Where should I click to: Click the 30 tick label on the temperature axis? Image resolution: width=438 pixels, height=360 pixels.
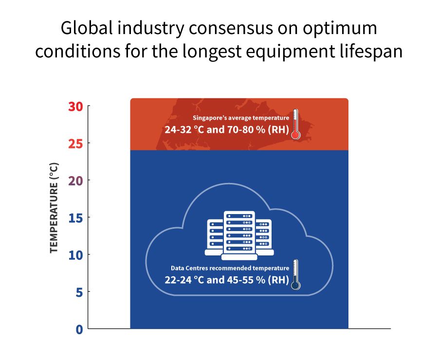pyautogui.click(x=76, y=106)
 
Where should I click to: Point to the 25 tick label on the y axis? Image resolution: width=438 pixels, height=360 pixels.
pyautogui.click(x=76, y=144)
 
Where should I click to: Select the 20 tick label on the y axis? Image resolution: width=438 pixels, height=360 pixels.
pyautogui.click(x=76, y=180)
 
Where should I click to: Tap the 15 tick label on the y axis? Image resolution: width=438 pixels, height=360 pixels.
pyautogui.click(x=76, y=217)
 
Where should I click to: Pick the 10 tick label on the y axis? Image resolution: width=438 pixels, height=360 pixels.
pyautogui.click(x=76, y=254)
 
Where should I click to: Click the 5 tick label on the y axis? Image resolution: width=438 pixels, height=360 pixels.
pyautogui.click(x=79, y=292)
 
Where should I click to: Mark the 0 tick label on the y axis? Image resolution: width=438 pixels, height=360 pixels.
pyautogui.click(x=79, y=329)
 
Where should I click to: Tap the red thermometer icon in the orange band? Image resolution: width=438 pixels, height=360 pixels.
pyautogui.click(x=295, y=125)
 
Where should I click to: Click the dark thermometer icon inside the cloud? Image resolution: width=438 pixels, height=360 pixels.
pyautogui.click(x=295, y=275)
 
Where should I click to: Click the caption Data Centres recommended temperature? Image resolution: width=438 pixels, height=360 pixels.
pyautogui.click(x=230, y=268)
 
